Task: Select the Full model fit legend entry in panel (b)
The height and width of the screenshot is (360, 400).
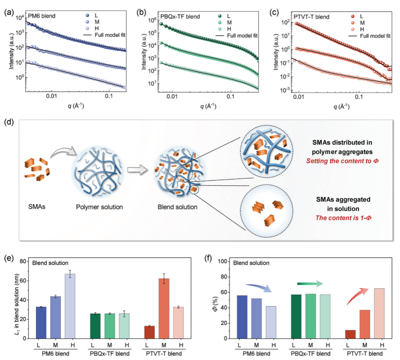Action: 237,36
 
